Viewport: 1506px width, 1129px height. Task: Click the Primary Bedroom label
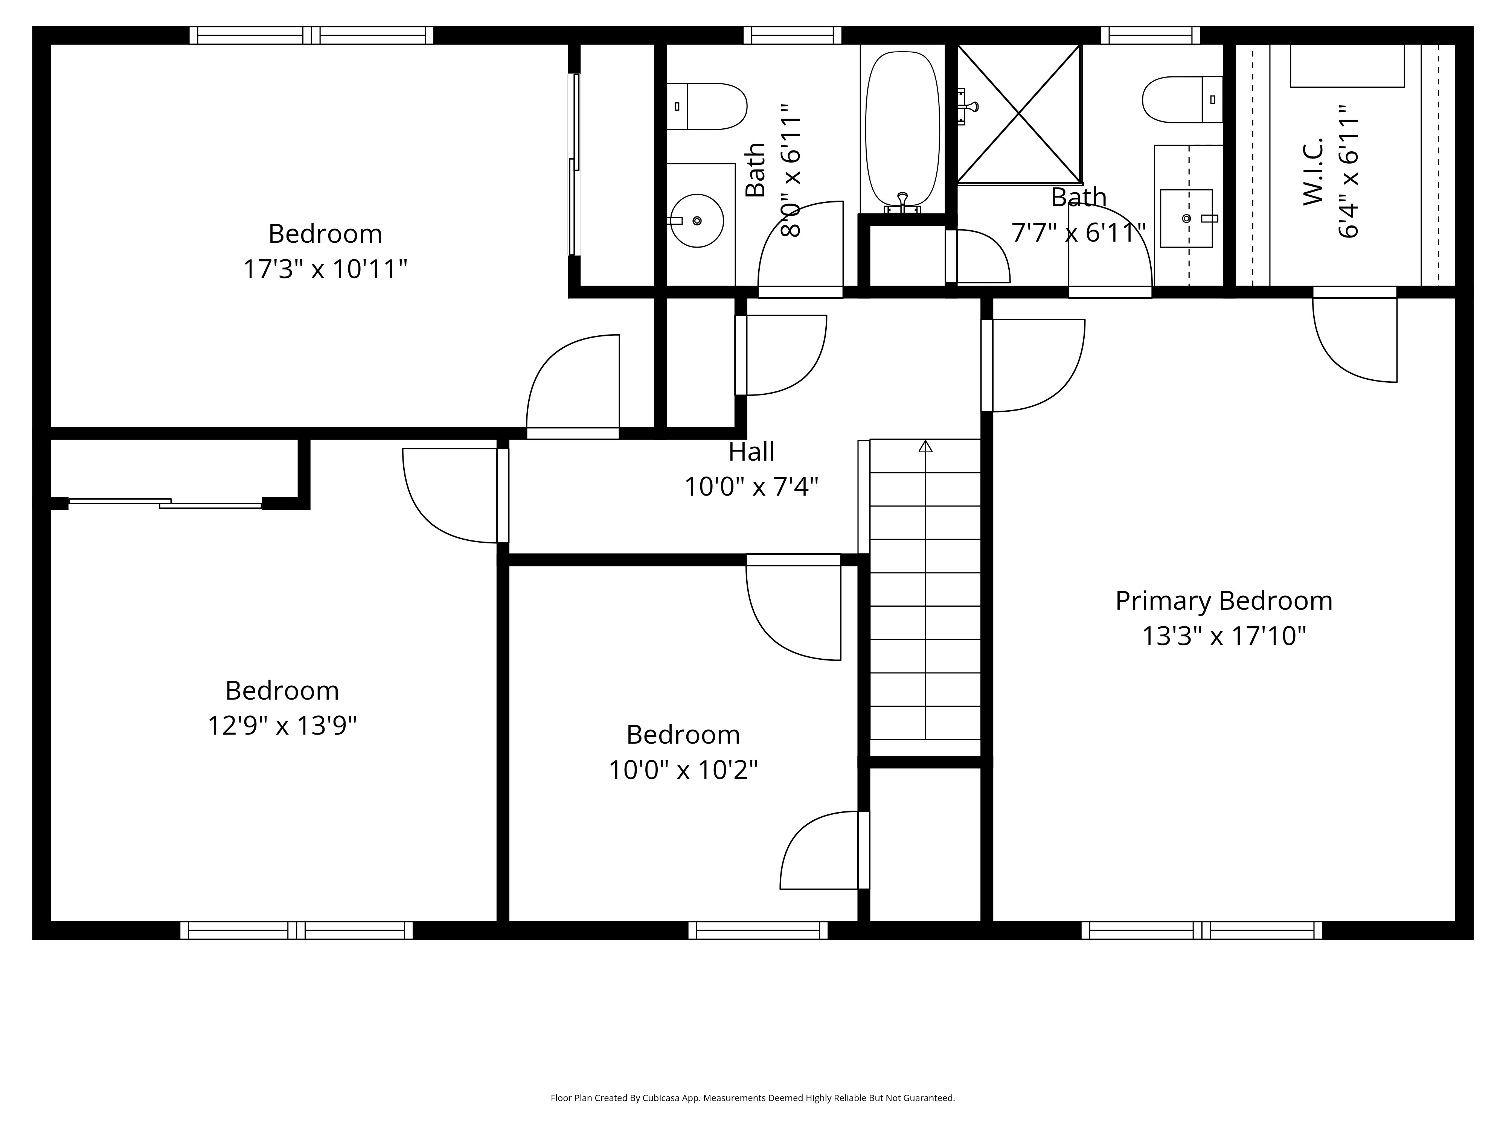tap(1224, 601)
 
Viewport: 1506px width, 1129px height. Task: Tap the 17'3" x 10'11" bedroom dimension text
tap(325, 269)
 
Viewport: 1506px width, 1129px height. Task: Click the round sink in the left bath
tap(697, 221)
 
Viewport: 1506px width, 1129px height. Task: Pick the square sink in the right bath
tap(1186, 218)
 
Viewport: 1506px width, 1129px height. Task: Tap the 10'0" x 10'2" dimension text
tap(683, 770)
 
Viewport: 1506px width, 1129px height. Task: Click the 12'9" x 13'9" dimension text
tap(282, 726)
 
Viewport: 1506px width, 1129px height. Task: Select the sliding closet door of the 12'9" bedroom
tap(165, 504)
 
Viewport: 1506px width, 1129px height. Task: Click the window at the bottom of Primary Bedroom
tap(1202, 930)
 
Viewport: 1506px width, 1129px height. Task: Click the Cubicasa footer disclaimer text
tap(752, 1098)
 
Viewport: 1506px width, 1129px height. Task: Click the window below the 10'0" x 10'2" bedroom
tap(758, 930)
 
